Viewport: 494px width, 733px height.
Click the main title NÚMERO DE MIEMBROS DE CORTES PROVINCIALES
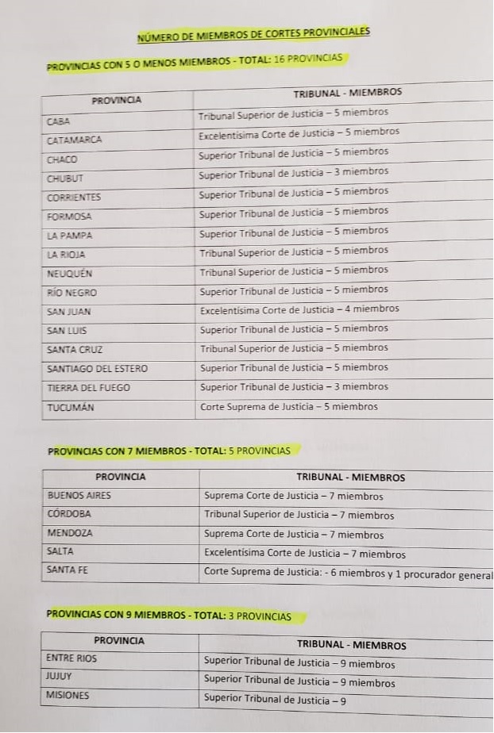253,33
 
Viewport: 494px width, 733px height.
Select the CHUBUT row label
64,178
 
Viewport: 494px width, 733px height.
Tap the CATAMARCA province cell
75,140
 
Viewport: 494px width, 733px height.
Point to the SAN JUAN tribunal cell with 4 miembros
299,309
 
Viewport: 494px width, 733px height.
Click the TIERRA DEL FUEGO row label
88,388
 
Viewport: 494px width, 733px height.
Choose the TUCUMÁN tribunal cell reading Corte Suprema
288,407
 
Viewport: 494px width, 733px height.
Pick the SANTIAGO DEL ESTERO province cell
97,368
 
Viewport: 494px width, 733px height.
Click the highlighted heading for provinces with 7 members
169,451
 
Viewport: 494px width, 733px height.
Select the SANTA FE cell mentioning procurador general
348,571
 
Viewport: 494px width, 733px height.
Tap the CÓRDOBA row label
69,513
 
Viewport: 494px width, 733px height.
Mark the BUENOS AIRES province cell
79,495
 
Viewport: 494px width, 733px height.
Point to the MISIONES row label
68,696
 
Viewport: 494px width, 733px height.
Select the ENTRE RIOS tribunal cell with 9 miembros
299,662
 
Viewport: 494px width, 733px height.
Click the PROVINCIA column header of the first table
117,100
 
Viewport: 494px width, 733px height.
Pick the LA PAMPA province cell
70,236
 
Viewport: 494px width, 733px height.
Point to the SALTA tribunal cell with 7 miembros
304,554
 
